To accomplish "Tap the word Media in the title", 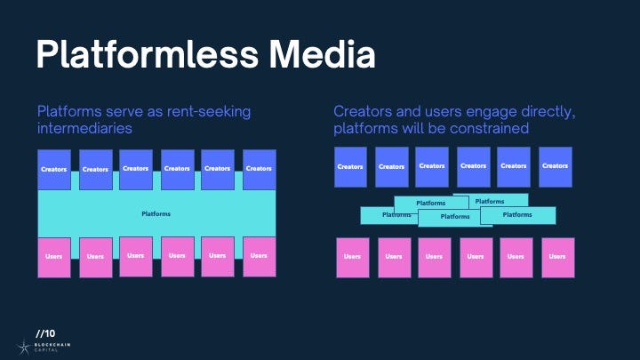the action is (x=324, y=55).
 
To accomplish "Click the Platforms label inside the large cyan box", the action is (x=156, y=214).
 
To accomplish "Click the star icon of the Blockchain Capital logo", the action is (x=23, y=346).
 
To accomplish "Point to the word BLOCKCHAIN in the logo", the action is (x=54, y=343).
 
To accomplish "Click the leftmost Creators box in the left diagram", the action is (x=54, y=168).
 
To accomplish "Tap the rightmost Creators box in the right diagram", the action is (x=555, y=166).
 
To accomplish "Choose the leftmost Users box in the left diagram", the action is (x=54, y=256).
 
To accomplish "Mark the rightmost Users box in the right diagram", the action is (x=557, y=257).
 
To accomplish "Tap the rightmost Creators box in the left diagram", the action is (x=259, y=168).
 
